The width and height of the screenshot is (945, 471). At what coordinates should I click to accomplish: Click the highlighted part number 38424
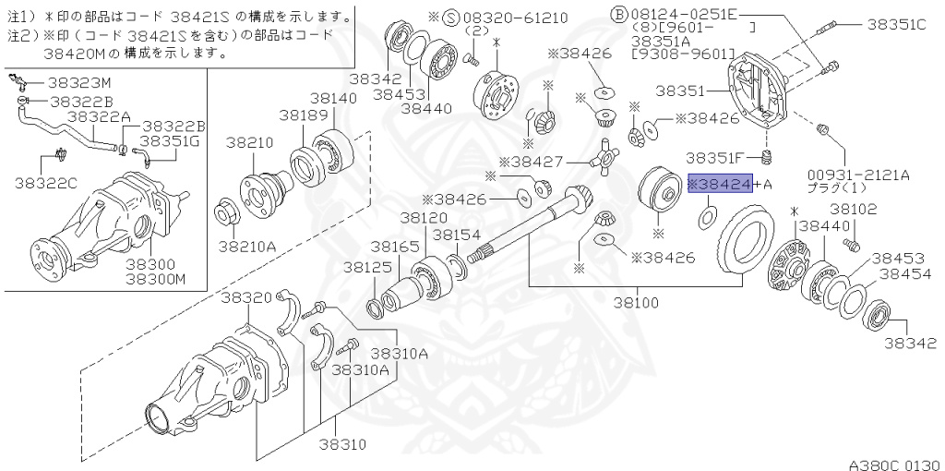point(721,185)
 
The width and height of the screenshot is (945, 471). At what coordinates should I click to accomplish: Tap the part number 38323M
point(80,81)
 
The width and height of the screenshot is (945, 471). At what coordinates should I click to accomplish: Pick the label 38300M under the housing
point(156,278)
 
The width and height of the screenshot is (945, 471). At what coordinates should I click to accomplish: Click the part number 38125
point(368,267)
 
